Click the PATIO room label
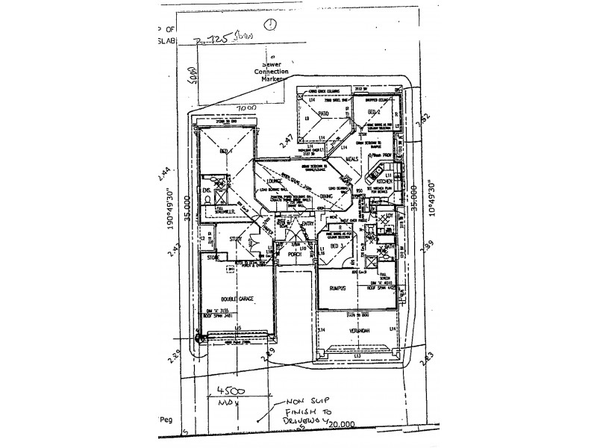[324, 113]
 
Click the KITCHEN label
[384, 181]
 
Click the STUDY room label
[237, 240]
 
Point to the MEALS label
[352, 159]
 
